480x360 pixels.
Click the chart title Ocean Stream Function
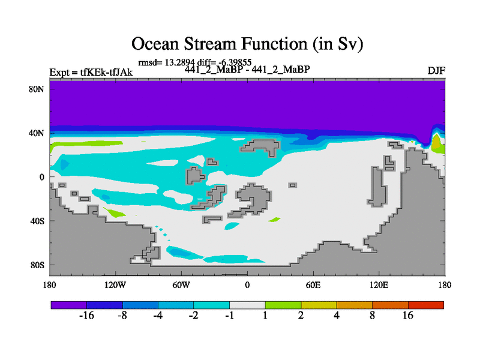[247, 44]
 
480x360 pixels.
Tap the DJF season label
[436, 71]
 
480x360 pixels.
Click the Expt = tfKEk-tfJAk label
[91, 72]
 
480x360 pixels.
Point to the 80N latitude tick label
[37, 89]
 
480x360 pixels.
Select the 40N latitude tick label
[37, 133]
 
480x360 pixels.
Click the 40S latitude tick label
[37, 221]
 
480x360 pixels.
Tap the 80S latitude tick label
[37, 265]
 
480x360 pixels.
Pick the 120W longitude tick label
[115, 285]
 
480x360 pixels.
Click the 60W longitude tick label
[181, 285]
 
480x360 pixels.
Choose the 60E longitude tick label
[313, 285]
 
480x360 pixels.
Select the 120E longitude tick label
[379, 285]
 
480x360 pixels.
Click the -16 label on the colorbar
[86, 316]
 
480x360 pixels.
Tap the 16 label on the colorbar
[408, 316]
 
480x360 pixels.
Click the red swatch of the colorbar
[426, 305]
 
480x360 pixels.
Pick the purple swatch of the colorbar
[69, 305]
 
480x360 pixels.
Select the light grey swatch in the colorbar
[247, 305]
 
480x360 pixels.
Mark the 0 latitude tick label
[41, 177]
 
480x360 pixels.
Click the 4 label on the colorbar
[337, 316]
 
